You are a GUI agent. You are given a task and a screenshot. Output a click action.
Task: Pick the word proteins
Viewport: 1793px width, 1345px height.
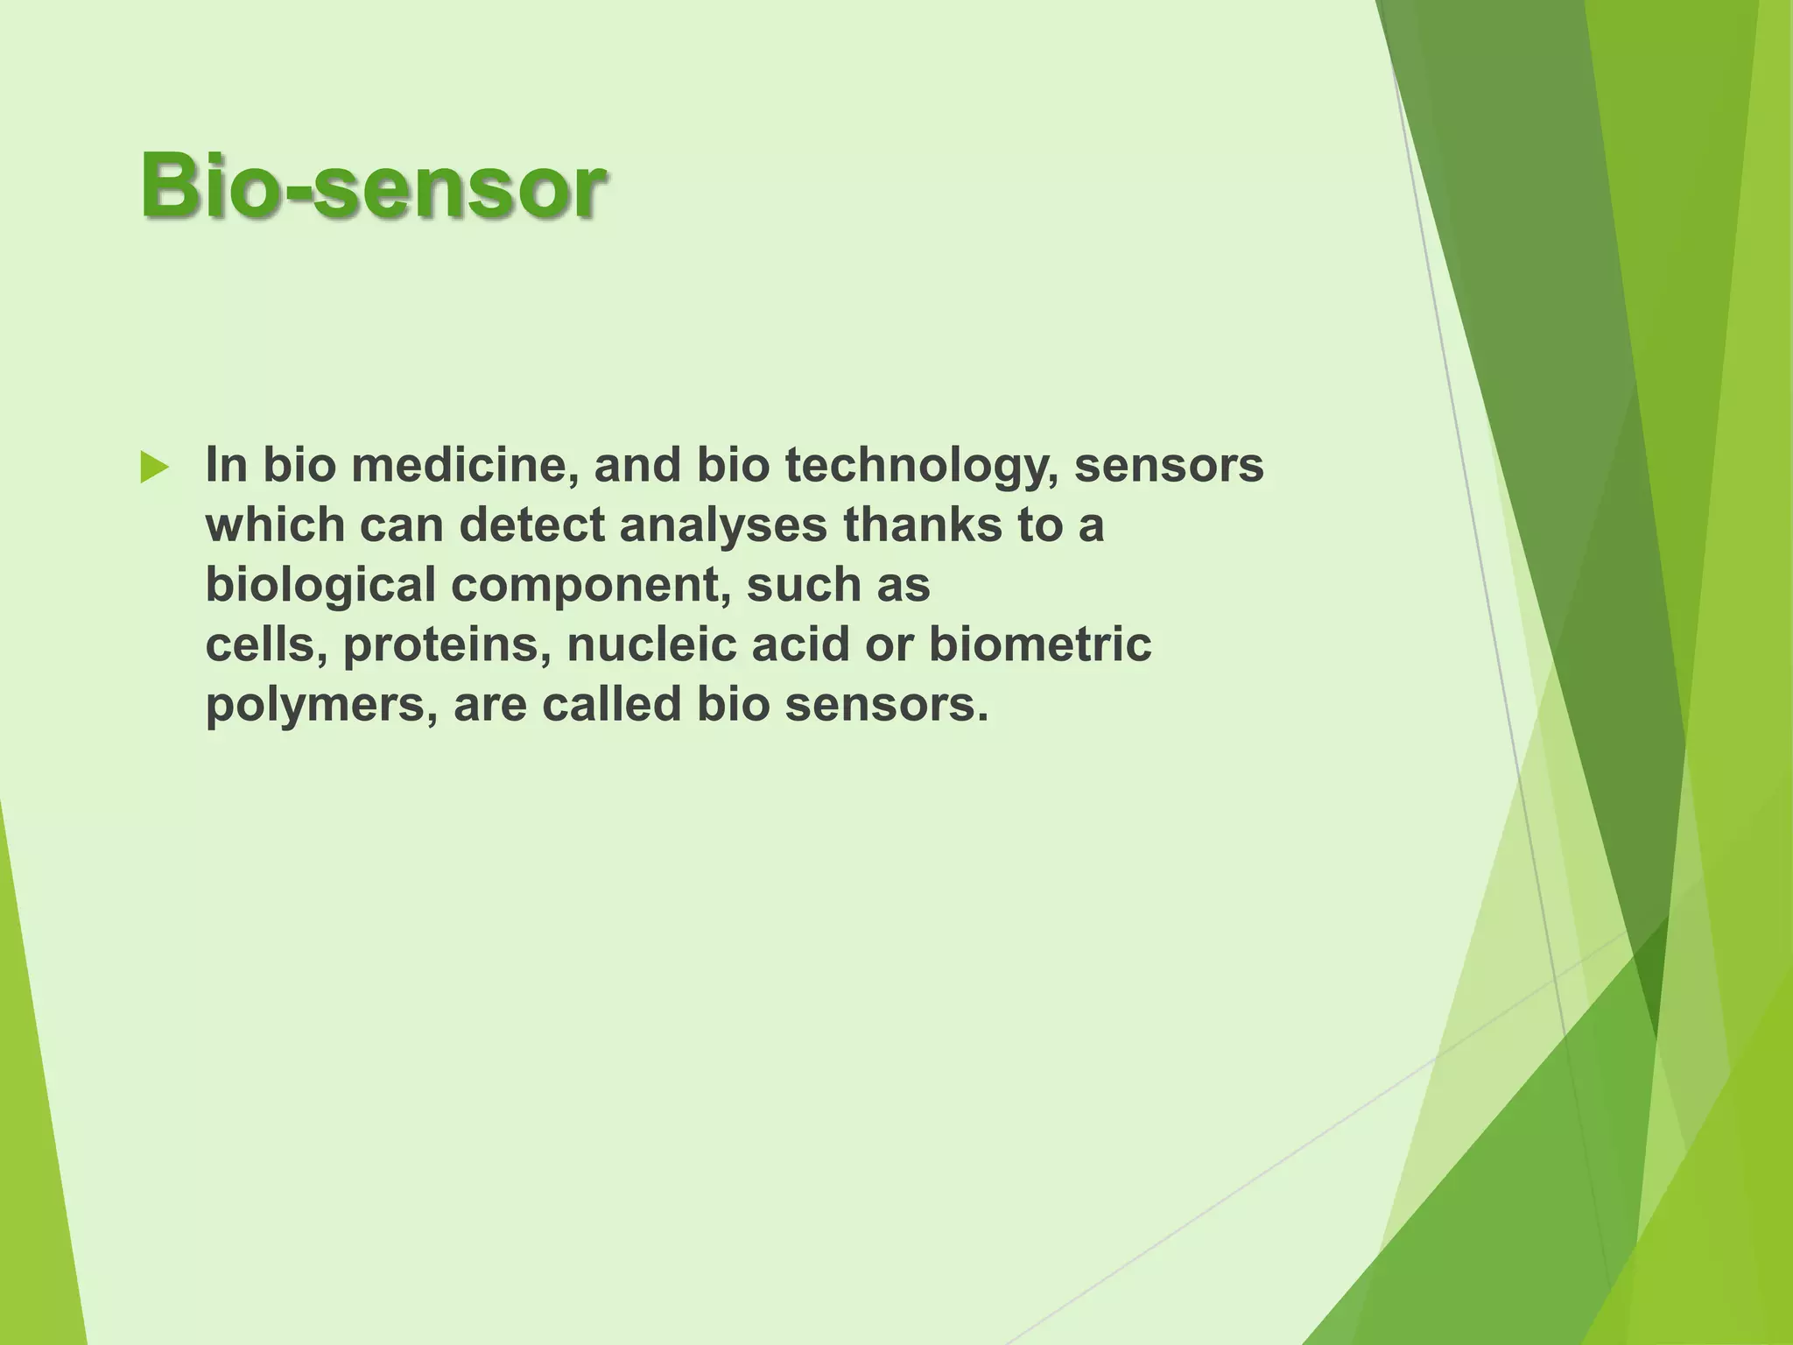click(x=446, y=645)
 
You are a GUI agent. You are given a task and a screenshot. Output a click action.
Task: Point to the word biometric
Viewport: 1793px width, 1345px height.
click(x=1040, y=645)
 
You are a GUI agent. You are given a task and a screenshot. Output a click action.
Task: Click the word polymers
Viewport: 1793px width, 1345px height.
click(x=320, y=706)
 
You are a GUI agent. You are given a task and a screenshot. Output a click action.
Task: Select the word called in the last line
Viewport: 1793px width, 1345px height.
click(x=611, y=705)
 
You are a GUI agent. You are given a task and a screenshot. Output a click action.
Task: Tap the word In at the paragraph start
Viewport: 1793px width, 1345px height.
click(x=226, y=465)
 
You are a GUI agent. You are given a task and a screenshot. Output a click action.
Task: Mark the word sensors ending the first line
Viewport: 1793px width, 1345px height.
click(x=1169, y=465)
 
